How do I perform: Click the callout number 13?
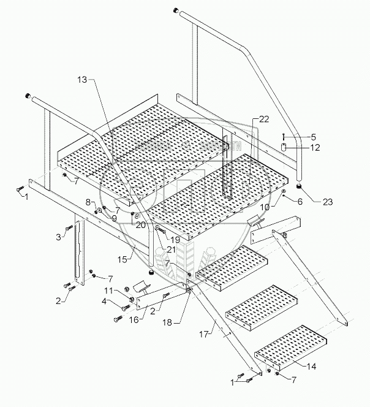pyautogui.click(x=83, y=80)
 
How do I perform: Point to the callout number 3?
pyautogui.click(x=58, y=236)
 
